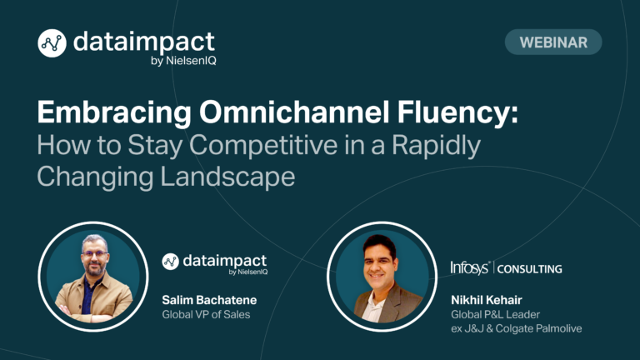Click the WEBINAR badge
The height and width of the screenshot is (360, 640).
pos(553,42)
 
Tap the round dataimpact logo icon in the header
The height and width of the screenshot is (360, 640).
pos(52,42)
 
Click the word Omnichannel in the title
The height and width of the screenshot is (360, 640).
pos(294,112)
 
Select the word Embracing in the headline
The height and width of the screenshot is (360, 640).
pos(114,112)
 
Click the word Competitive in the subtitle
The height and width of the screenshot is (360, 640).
pos(263,145)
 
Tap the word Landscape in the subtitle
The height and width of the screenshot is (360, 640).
pos(227,177)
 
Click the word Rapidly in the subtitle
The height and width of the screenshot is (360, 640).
pos(437,145)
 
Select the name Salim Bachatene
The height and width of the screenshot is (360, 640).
pos(209,300)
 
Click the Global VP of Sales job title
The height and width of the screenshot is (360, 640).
pos(206,314)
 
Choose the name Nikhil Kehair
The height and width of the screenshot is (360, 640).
pos(487,300)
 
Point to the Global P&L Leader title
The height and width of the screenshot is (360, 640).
pos(496,314)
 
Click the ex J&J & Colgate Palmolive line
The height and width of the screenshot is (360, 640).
pos(517,328)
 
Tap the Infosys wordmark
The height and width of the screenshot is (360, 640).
pos(470,267)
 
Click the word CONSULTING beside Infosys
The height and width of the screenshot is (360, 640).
pos(530,269)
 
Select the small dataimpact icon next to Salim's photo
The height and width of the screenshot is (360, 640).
pos(170,262)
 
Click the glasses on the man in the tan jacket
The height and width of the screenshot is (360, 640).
pos(95,254)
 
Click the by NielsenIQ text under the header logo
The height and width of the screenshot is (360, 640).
pos(183,61)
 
